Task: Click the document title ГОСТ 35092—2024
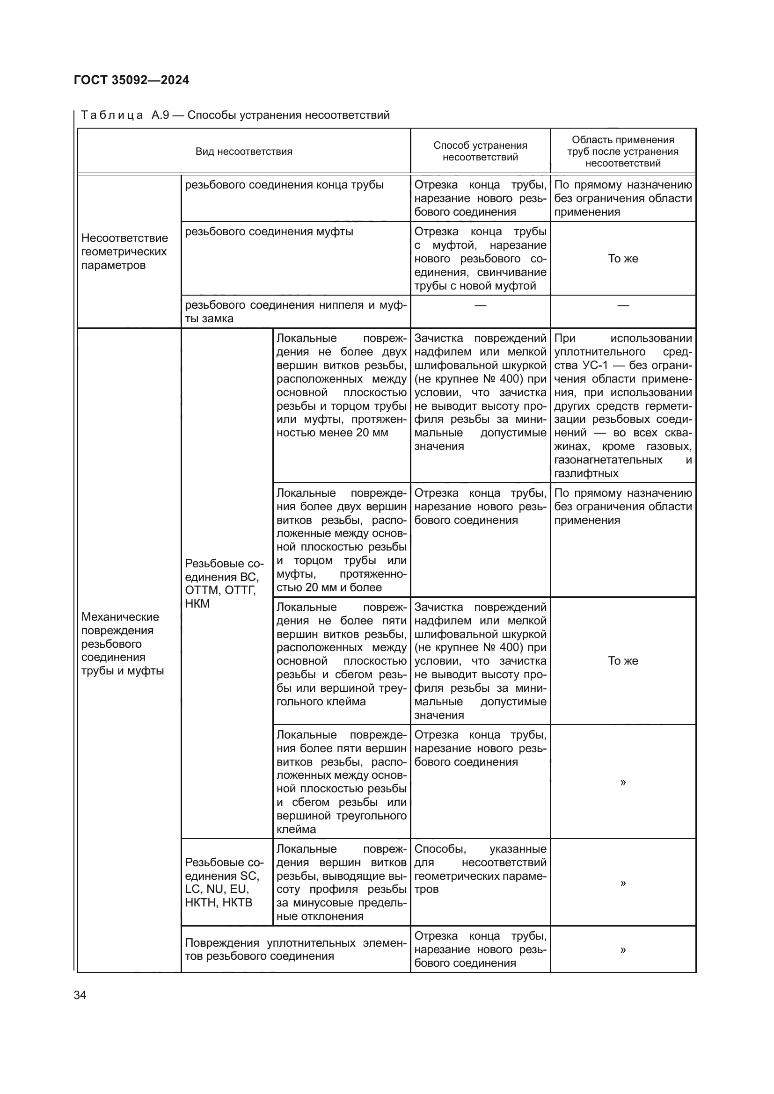click(x=131, y=80)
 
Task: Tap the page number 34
click(x=80, y=995)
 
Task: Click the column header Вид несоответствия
click(x=243, y=152)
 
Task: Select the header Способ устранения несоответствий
click(x=480, y=151)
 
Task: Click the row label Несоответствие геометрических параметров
click(x=124, y=252)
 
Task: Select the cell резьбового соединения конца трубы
click(x=284, y=185)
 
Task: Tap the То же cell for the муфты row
click(x=622, y=259)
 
